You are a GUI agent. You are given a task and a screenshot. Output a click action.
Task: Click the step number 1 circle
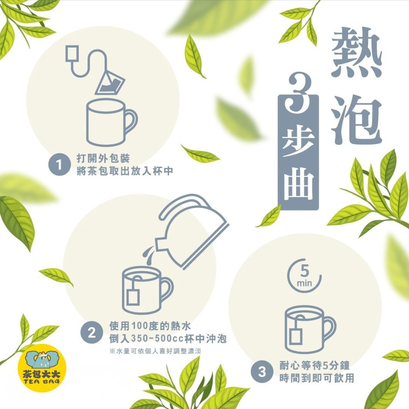click(58, 165)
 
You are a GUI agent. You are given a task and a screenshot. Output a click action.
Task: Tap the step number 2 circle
click(91, 333)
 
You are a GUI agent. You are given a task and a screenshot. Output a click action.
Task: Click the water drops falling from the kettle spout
click(148, 258)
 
